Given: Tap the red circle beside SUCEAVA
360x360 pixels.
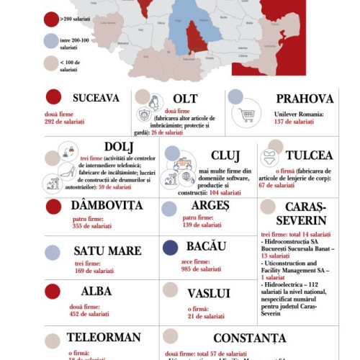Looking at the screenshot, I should click(53, 97).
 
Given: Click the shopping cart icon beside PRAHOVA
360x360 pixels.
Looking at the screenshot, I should click(248, 115).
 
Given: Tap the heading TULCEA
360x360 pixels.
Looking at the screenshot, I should click(309, 156).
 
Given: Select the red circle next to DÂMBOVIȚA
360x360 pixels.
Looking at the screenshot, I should click(53, 207).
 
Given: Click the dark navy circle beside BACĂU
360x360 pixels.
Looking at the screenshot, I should click(171, 248).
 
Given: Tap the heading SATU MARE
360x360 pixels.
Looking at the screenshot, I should click(107, 251).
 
